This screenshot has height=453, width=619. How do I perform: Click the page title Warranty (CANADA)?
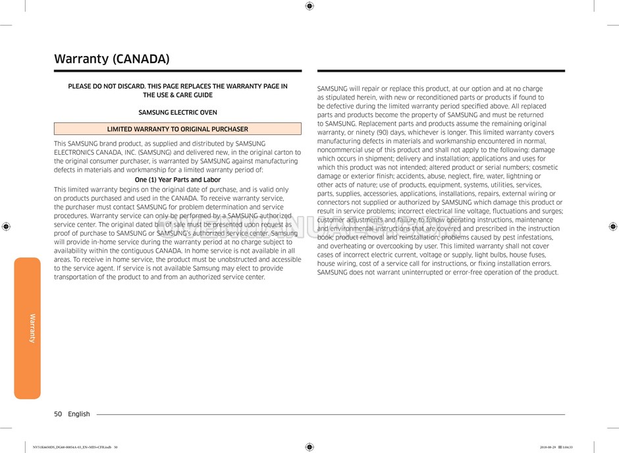pos(111,59)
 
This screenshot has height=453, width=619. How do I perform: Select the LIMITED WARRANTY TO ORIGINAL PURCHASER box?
pos(177,129)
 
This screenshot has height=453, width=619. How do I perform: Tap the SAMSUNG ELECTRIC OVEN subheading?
pos(177,113)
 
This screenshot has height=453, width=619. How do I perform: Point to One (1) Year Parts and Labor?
pos(177,180)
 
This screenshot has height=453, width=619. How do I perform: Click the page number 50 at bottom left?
pos(58,414)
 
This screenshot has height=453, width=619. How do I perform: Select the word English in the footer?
pos(78,414)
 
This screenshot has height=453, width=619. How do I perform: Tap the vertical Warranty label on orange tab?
pos(32,328)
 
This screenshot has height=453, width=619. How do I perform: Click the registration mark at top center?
pos(309,6)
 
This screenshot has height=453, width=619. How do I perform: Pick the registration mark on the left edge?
pos(6,226)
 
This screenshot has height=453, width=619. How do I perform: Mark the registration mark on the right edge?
pos(612,226)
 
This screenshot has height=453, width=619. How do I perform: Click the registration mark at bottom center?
pos(309,446)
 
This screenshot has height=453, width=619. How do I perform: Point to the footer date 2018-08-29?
pos(548,447)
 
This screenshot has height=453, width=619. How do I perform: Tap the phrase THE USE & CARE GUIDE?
pos(178,95)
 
